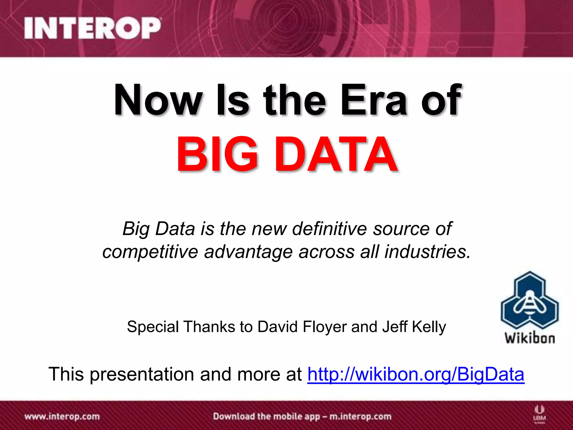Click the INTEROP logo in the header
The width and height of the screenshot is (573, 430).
click(92, 28)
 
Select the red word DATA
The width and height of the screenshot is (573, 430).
click(336, 155)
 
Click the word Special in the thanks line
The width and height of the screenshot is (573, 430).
click(153, 327)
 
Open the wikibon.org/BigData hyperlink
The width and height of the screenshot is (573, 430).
click(416, 374)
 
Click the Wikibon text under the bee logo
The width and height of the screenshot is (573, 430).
click(530, 338)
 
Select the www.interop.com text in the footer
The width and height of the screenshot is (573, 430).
click(62, 417)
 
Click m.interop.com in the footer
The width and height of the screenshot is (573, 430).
click(360, 417)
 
